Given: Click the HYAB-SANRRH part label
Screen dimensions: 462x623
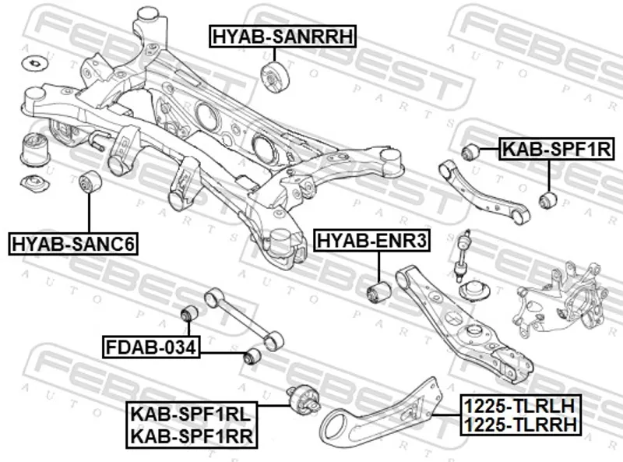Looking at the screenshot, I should [282, 36].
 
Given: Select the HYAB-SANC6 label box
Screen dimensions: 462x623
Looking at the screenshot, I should [73, 245].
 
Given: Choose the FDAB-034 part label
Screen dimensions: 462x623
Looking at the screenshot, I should [151, 346].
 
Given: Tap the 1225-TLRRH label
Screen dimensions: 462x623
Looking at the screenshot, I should [519, 425].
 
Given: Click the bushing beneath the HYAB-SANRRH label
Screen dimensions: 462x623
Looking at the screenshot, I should [273, 77].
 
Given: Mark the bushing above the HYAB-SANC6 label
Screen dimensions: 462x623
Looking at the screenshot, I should [90, 185].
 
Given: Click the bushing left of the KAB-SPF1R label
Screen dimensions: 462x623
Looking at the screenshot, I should [470, 151].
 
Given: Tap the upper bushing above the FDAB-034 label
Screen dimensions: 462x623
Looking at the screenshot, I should [189, 313].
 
